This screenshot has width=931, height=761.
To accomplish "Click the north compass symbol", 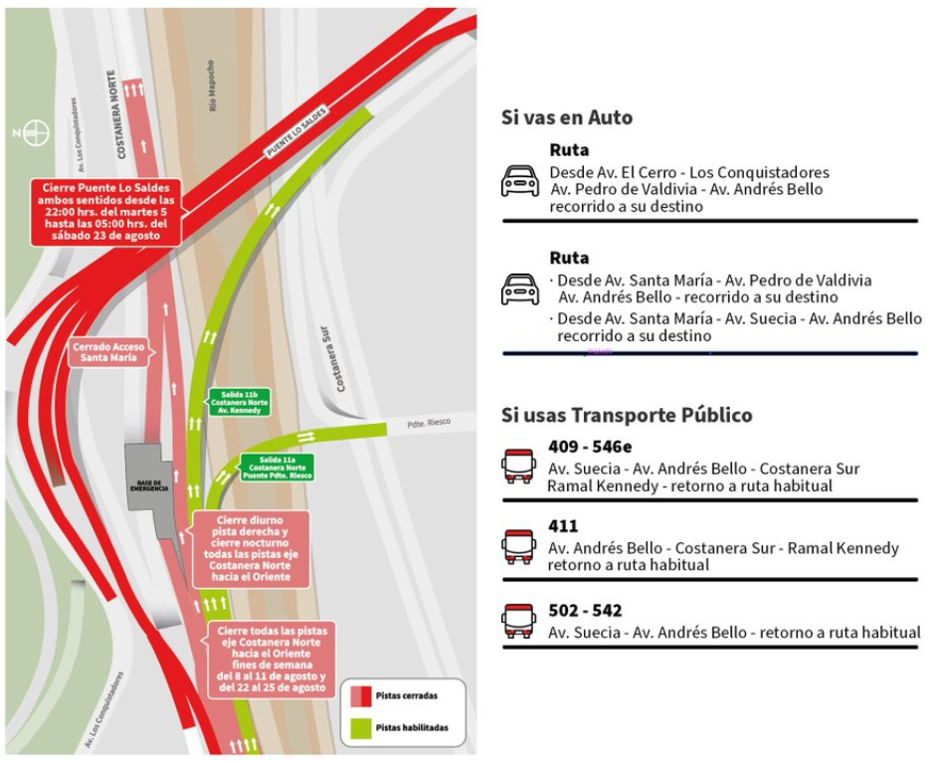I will click(x=37, y=131).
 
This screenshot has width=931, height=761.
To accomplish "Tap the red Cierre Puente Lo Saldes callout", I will click(x=106, y=212).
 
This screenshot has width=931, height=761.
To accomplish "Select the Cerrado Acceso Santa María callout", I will click(x=108, y=352).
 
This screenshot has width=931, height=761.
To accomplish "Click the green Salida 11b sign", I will click(x=239, y=402).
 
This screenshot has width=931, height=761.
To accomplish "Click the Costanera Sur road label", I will click(x=338, y=359).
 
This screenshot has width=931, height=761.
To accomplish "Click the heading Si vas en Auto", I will click(x=567, y=117).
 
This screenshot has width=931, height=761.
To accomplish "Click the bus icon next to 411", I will click(x=518, y=546).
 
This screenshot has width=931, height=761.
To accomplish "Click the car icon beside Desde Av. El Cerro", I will click(x=519, y=180).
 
